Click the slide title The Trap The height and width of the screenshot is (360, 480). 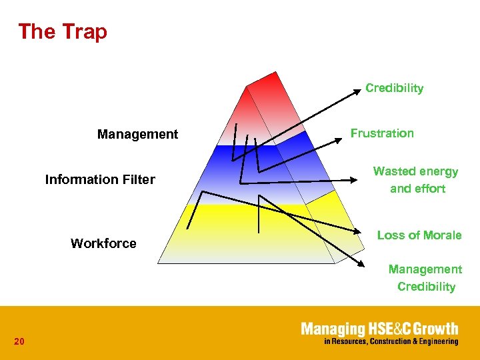point(63,31)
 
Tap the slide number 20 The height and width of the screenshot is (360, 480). point(19,342)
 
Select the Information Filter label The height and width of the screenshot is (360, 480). point(100,179)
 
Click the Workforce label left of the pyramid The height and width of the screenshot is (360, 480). point(103,243)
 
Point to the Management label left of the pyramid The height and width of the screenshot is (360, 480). point(137,134)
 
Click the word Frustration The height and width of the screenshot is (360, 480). point(382,133)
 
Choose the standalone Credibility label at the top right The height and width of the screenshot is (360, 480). point(394,88)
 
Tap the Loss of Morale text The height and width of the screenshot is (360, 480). point(419,235)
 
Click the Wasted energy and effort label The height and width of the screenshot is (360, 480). point(416,180)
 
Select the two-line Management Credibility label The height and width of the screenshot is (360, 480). point(425,278)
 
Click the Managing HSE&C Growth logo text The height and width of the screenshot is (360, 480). point(379,329)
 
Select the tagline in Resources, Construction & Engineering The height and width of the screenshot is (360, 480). point(391,341)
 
